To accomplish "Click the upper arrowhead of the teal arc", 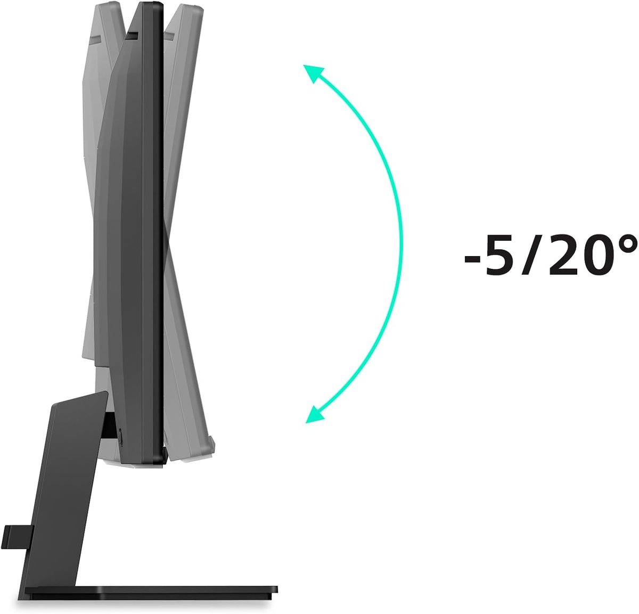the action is (x=312, y=73).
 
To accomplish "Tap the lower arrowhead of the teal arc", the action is (x=314, y=414).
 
